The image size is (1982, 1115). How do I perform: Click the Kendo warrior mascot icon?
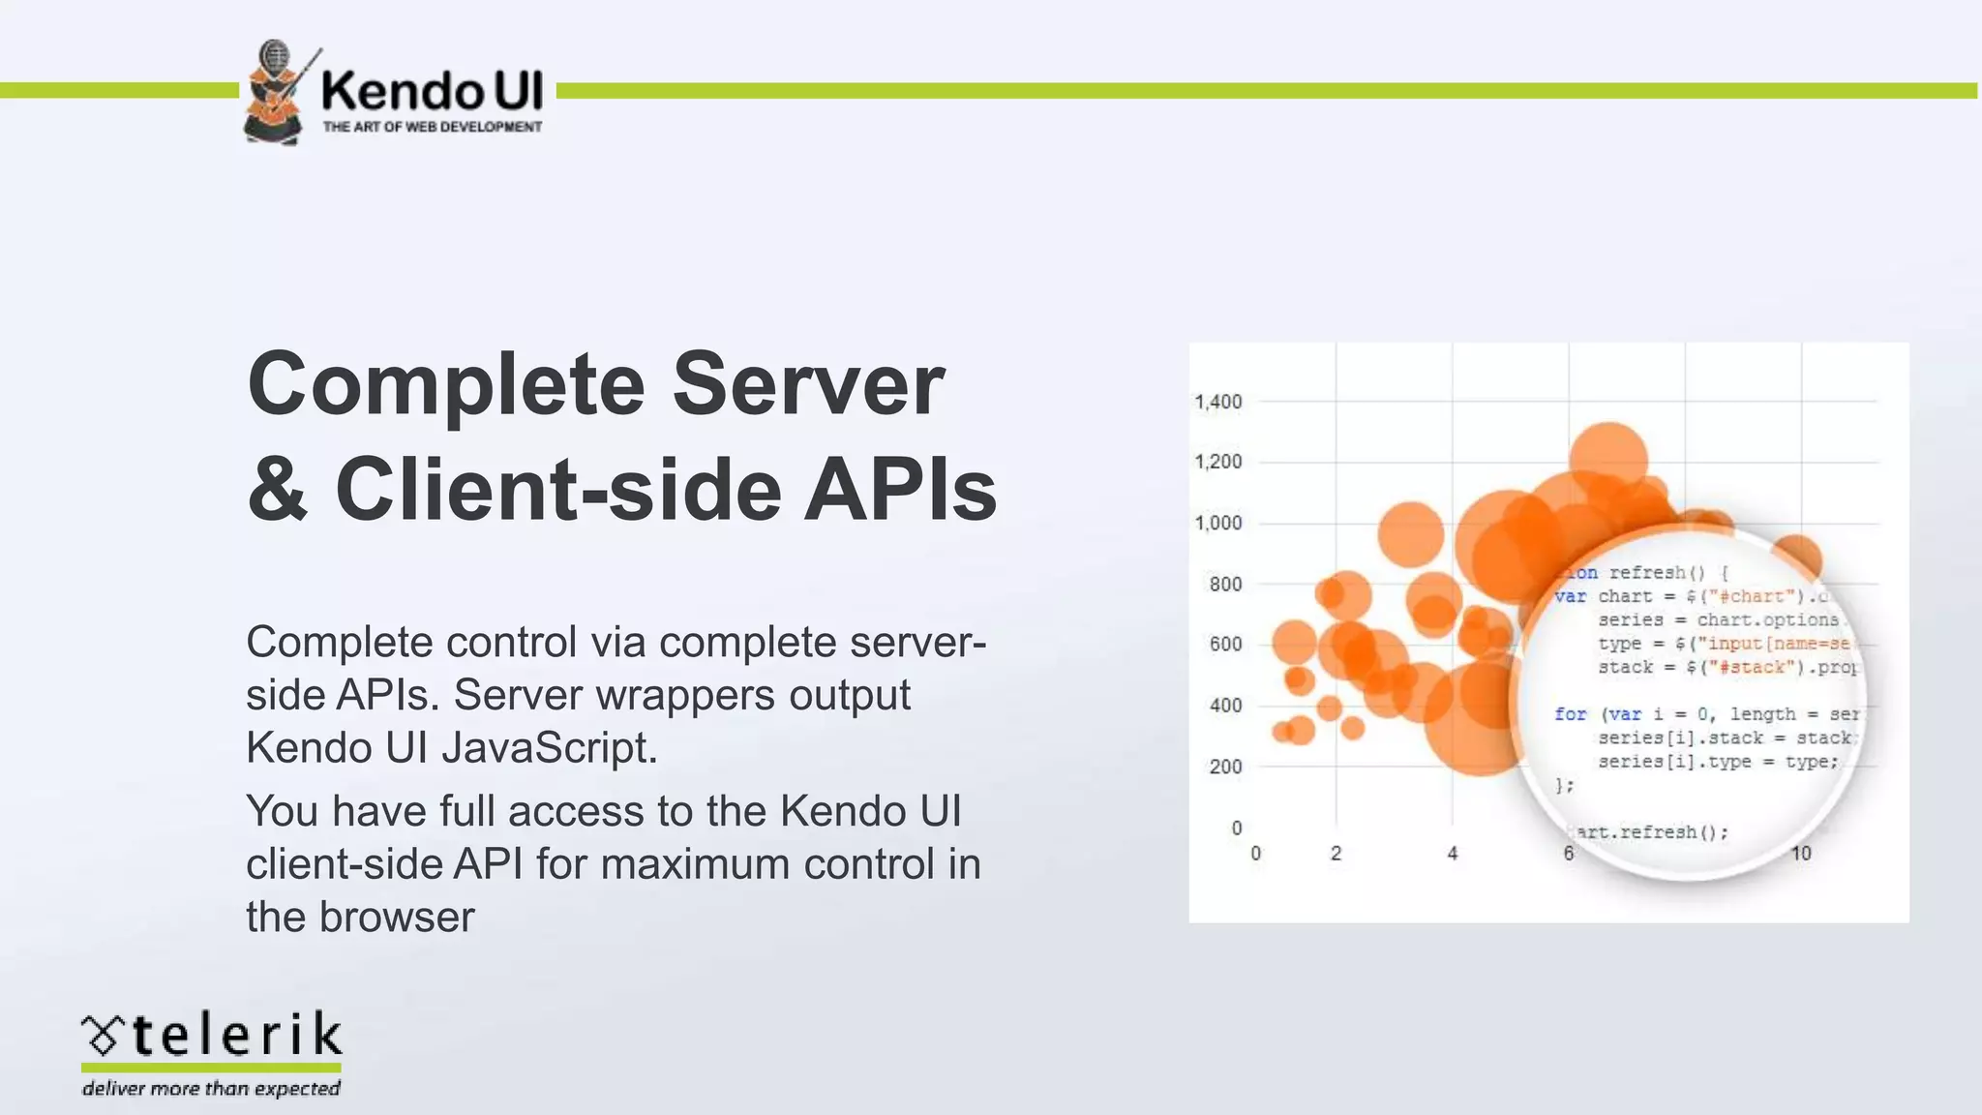point(276,93)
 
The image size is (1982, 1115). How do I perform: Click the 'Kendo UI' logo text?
point(432,91)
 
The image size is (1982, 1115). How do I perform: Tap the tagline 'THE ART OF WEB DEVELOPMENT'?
point(432,127)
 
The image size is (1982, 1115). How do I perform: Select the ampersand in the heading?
point(277,490)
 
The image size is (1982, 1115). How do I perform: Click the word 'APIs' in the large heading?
point(899,490)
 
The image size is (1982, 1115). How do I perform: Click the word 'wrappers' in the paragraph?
point(680,695)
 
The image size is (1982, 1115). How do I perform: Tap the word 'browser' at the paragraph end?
point(397,917)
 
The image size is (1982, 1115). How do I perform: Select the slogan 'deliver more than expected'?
point(211,1089)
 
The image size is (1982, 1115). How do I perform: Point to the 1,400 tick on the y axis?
point(1217,402)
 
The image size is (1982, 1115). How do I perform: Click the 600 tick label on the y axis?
point(1225,645)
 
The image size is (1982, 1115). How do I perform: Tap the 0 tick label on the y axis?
point(1236,829)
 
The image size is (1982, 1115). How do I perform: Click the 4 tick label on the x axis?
point(1452,854)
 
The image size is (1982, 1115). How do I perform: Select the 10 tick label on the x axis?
point(1800,854)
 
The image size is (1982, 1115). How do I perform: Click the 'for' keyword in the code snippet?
point(1570,714)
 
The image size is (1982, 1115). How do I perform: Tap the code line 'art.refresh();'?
point(1651,832)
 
